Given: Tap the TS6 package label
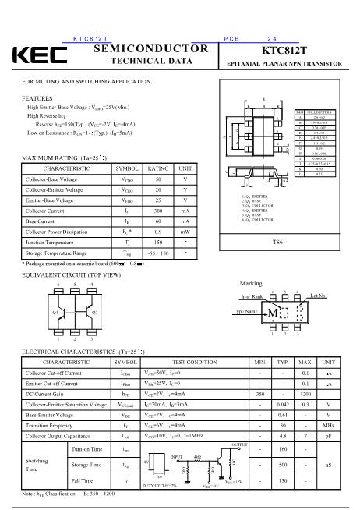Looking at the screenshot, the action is tap(277, 243).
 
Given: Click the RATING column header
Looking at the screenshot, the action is tap(158, 168).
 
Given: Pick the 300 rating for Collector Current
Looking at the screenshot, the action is tap(158, 211).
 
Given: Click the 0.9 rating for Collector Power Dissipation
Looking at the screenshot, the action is tap(158, 232).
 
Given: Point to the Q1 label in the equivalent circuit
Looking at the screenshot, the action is tap(34, 310).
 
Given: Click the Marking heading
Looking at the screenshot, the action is tap(251, 283).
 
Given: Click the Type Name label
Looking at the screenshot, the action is tap(245, 310).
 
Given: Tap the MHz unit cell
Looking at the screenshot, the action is tap(329, 427).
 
